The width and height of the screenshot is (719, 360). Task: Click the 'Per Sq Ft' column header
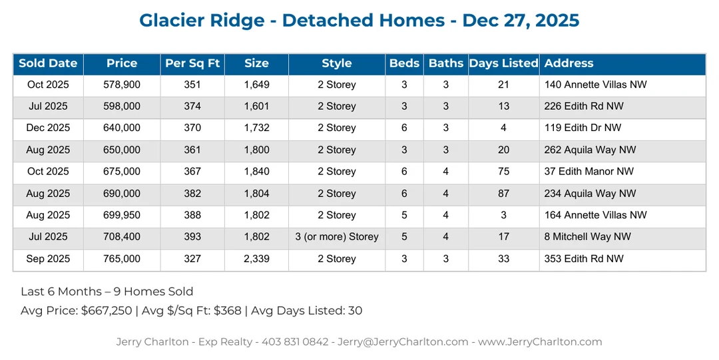(x=192, y=64)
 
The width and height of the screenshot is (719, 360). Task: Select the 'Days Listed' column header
(x=503, y=64)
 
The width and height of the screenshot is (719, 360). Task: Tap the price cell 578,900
(x=122, y=85)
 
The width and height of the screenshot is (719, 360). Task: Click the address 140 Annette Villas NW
(x=595, y=85)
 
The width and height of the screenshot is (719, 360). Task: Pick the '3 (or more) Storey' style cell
(x=337, y=237)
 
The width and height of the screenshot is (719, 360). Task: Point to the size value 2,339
(x=256, y=259)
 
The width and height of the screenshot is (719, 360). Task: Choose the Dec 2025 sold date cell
(x=48, y=128)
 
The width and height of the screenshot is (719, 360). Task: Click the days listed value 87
(x=503, y=194)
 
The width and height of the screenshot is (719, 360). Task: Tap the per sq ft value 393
(x=192, y=237)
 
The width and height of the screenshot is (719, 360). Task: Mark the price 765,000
(x=122, y=259)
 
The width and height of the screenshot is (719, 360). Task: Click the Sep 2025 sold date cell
(x=48, y=259)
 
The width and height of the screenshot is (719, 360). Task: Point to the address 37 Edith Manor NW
(x=589, y=172)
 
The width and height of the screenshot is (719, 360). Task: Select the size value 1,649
(x=256, y=85)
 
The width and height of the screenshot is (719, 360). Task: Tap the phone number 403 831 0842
(x=295, y=342)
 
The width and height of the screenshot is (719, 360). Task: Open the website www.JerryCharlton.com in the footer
(x=540, y=342)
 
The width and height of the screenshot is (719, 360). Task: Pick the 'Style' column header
(x=336, y=64)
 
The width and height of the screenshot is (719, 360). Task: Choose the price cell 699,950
(x=122, y=216)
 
